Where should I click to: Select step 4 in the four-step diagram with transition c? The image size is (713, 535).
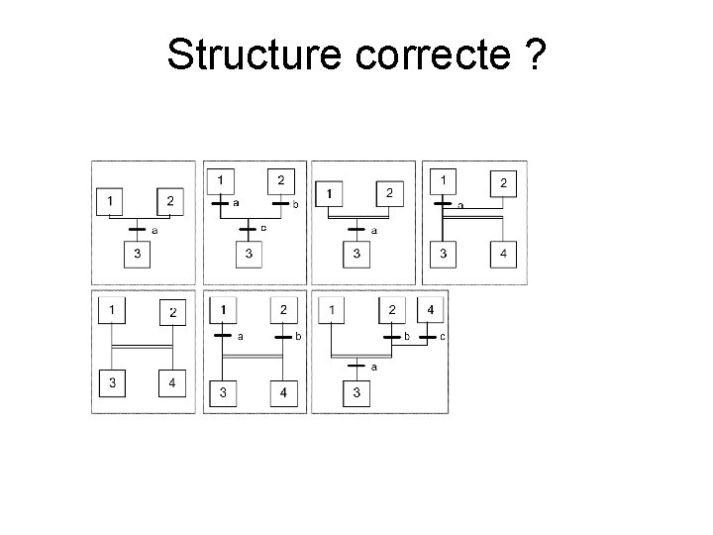[x=429, y=310]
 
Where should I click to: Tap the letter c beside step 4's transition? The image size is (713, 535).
[x=443, y=337]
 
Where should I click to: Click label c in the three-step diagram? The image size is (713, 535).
[x=262, y=228]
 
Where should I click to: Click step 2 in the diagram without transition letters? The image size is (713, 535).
[x=173, y=313]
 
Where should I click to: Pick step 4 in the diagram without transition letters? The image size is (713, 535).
[x=173, y=382]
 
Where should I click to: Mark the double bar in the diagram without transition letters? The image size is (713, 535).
[x=142, y=347]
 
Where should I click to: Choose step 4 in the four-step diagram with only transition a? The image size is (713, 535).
[x=504, y=255]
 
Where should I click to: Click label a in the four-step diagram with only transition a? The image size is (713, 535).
[x=459, y=205]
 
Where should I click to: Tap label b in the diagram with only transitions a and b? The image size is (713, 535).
[x=298, y=337]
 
